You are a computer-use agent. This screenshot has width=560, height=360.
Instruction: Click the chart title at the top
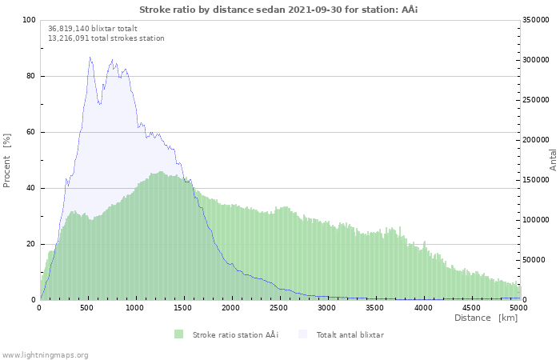[x=278, y=10]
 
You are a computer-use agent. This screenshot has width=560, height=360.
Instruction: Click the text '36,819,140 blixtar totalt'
[x=93, y=28]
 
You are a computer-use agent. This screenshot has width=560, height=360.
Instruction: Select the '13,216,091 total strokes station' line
[x=106, y=38]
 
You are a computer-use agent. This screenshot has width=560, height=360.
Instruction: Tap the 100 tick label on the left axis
[x=28, y=20]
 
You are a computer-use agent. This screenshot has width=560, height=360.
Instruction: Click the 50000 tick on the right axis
[x=535, y=260]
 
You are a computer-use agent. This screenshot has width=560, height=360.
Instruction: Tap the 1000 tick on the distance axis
[x=135, y=307]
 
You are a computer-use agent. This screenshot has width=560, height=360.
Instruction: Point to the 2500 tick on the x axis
[x=279, y=307]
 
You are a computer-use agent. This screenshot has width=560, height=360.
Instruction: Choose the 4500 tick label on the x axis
[x=471, y=307]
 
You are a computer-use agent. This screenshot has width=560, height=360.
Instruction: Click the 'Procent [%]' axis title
[x=7, y=160]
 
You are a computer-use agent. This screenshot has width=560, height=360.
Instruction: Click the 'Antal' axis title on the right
[x=553, y=159]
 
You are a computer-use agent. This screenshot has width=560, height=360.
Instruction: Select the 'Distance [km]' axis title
[x=486, y=318]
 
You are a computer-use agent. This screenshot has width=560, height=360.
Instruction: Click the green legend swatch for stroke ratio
[x=178, y=334]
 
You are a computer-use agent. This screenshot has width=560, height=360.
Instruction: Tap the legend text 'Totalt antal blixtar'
[x=350, y=334]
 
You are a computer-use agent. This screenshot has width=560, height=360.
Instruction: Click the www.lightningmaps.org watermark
[x=45, y=354]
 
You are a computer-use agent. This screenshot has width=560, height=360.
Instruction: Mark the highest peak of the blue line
[x=90, y=57]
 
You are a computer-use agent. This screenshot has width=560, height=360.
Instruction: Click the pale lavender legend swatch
[x=302, y=334]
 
